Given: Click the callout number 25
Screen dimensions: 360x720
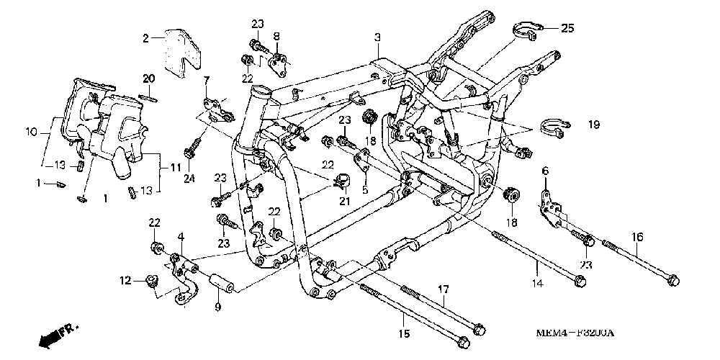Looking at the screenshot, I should pos(567,28).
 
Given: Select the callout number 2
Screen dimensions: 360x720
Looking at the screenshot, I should pos(145,38).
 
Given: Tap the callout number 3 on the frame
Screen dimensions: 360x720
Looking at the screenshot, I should pos(377,37).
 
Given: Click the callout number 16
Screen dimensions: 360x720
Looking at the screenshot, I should pos(638,237).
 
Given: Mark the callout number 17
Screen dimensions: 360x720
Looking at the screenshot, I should pos(444,289).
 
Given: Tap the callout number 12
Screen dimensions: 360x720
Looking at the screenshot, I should pos(124,280).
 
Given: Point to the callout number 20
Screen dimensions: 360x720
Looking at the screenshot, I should pos(148,78).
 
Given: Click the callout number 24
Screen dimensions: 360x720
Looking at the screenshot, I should pos(192,179).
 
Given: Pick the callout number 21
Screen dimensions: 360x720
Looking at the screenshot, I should pos(345,200).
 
